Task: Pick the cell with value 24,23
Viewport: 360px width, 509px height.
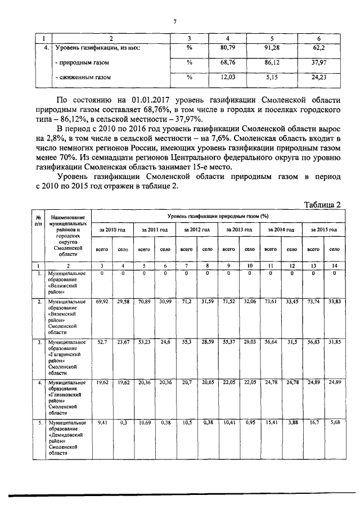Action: (319, 76)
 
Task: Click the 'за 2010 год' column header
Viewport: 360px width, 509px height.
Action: (112, 230)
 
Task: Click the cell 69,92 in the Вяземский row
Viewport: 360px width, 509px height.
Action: (102, 302)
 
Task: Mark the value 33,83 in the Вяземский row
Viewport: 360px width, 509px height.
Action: (334, 302)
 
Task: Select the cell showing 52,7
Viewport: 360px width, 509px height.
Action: (102, 342)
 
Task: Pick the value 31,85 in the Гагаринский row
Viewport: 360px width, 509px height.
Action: (334, 342)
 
